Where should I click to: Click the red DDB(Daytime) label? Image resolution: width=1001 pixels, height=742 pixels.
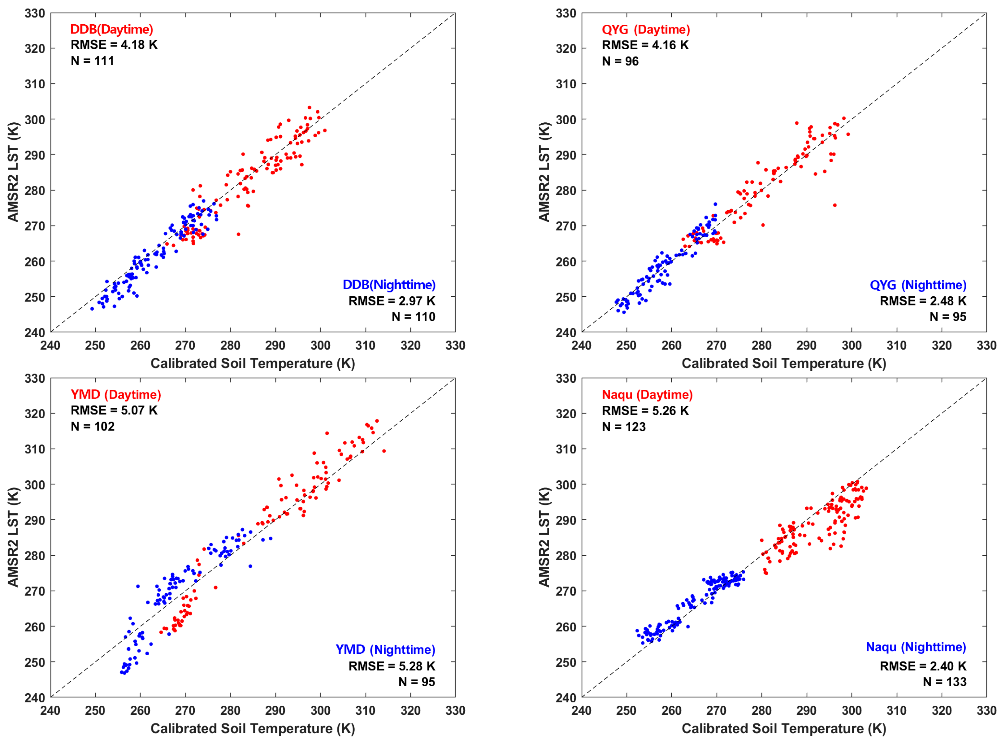pos(111,29)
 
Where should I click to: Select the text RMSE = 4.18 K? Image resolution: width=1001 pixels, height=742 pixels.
pos(114,45)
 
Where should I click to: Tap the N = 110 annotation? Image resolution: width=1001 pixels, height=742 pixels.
pos(413,317)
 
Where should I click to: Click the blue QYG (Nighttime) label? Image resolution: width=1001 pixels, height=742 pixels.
pos(918,285)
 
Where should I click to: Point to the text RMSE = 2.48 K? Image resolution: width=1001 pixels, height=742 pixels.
pos(922,301)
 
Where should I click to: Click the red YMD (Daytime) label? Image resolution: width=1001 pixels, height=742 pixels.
pos(116,394)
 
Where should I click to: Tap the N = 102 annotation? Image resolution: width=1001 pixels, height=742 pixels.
pos(92,426)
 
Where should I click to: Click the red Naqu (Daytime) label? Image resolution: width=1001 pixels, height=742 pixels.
pos(647,394)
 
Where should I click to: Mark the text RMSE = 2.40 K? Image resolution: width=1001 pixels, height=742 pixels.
pos(922,666)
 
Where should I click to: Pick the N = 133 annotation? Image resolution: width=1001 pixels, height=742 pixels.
pos(944,682)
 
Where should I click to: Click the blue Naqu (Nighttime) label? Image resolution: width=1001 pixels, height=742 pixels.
pos(915,647)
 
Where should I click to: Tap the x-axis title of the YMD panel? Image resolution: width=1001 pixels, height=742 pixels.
pos(252,728)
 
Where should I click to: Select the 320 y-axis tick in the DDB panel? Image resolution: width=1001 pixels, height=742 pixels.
pos(35,48)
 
